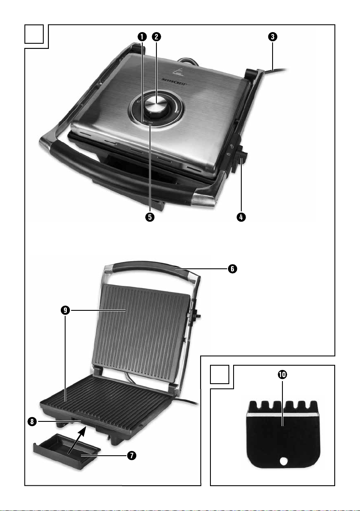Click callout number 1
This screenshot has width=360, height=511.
[142, 36]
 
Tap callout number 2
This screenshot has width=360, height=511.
[156, 36]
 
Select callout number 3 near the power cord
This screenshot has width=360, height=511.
[273, 36]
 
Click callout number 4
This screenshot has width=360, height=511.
[241, 217]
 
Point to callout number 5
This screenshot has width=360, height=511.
[150, 217]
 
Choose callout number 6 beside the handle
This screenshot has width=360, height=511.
[232, 269]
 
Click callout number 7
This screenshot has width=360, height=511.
[132, 455]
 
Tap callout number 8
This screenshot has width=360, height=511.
[32, 422]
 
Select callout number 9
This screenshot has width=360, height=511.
[66, 310]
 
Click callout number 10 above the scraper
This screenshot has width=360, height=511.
[282, 374]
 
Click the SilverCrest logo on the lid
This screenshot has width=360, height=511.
[174, 81]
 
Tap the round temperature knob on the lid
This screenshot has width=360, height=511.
[155, 105]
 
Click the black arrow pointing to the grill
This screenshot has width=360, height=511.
[77, 440]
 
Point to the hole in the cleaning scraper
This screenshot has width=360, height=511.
[284, 461]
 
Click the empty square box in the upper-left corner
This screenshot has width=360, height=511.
[34, 34]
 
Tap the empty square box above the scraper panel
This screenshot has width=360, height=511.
[219, 374]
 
